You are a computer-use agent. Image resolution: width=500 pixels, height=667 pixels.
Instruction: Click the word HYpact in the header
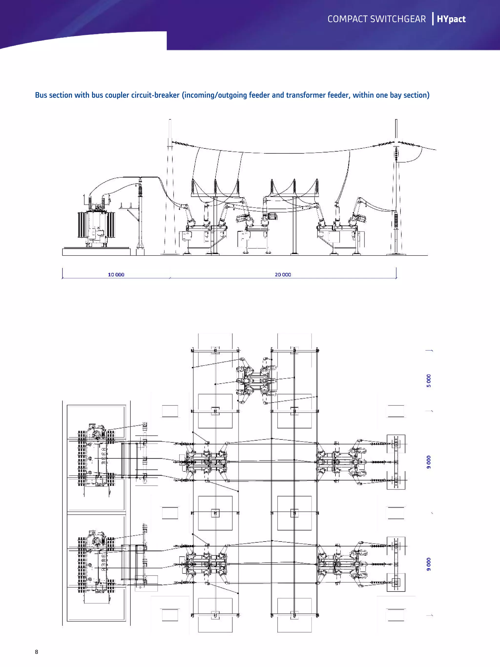point(451,19)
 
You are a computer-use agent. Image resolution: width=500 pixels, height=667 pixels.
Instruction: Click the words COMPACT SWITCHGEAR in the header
point(376,19)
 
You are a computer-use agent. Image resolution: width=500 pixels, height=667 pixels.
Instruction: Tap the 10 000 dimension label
point(116,274)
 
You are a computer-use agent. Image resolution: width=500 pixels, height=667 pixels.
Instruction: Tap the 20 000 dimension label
point(283,274)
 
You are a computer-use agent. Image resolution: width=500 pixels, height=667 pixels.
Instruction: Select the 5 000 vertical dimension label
point(428,381)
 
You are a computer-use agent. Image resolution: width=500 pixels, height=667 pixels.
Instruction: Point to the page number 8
point(36,652)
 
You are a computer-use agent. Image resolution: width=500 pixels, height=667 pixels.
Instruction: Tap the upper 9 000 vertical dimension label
point(428,462)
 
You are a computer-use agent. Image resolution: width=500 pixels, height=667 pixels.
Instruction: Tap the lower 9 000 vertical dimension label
point(428,564)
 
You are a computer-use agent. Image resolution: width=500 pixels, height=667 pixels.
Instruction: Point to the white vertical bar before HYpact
point(433,19)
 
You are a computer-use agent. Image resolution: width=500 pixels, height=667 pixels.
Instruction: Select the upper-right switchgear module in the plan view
point(341,462)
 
